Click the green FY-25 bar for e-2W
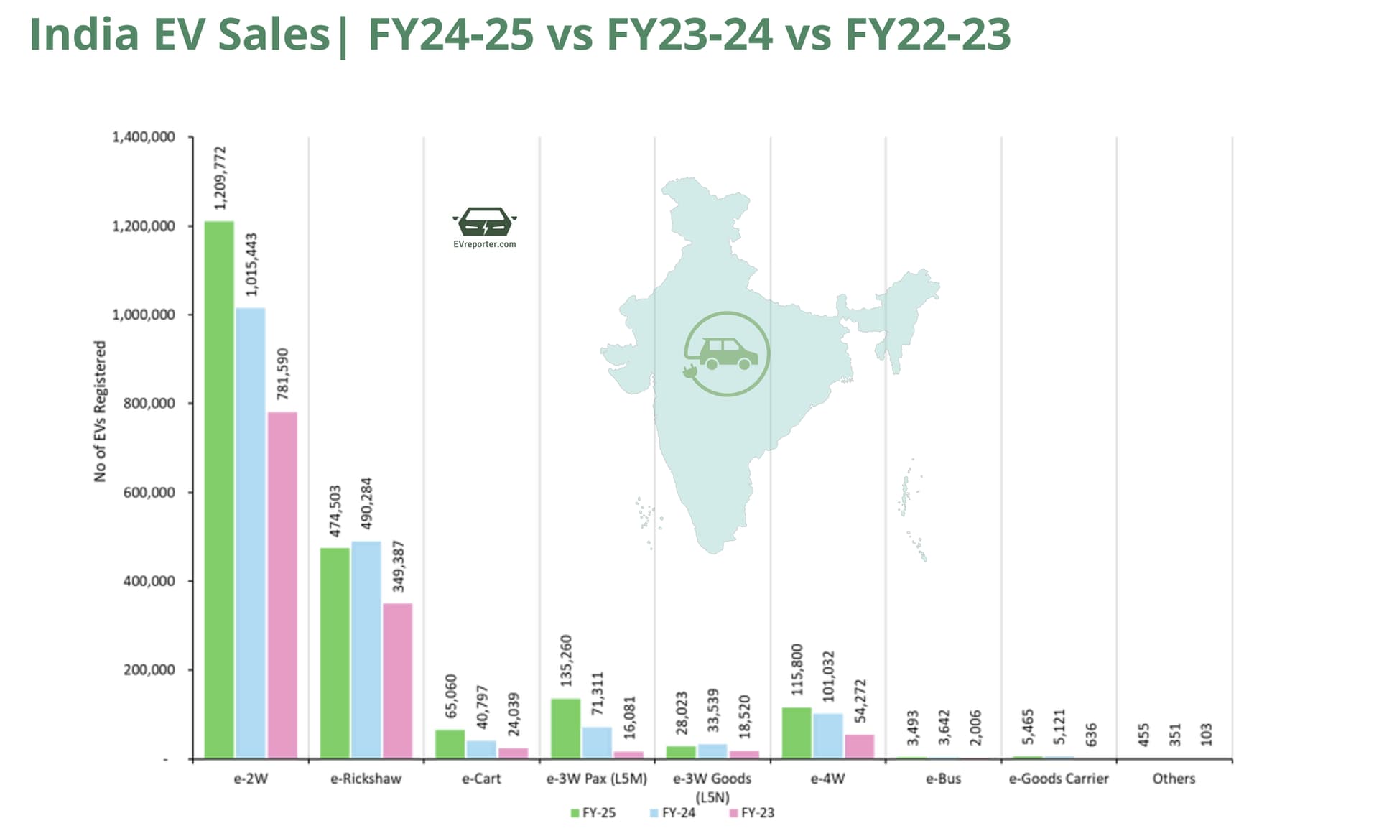point(219,488)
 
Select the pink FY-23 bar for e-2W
point(282,585)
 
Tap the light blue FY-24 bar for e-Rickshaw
point(366,649)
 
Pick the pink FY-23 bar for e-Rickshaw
point(397,680)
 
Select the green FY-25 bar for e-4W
point(797,733)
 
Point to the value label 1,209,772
point(220,178)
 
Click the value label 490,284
point(366,503)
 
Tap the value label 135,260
point(566,659)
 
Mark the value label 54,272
point(860,700)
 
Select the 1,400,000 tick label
point(144,137)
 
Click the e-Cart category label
point(481,779)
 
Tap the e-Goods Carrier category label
point(1059,779)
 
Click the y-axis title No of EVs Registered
point(100,411)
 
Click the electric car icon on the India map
point(727,354)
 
